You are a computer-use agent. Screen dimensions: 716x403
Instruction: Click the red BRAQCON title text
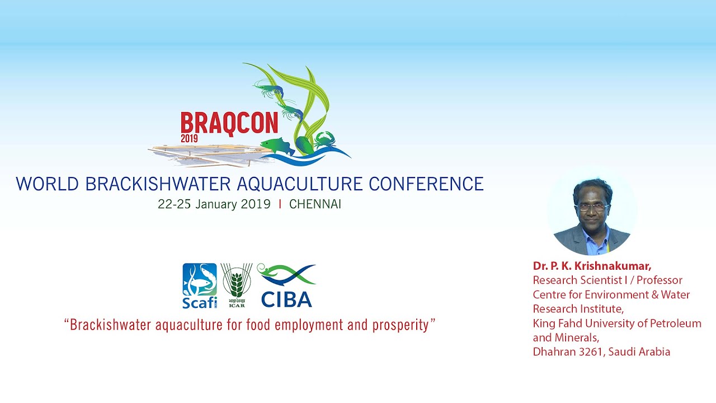229,124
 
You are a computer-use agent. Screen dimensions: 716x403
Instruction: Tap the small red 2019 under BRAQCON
189,138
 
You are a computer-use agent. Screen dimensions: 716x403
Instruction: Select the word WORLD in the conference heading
48,184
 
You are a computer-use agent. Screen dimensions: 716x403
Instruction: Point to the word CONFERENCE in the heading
426,184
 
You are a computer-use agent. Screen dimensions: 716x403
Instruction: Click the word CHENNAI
315,204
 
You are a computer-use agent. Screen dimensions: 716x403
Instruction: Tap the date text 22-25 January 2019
214,204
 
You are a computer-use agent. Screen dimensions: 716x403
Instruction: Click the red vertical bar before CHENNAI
280,204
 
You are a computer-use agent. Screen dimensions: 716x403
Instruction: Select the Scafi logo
200,285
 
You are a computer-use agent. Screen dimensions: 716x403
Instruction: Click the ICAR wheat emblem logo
237,285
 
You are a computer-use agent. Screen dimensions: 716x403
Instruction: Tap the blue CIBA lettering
286,299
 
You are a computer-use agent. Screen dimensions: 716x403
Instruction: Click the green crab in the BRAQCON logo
325,140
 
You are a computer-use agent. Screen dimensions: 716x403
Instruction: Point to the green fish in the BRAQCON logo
277,146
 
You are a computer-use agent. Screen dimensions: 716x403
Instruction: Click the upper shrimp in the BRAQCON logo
269,88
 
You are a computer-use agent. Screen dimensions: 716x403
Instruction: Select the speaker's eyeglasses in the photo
592,207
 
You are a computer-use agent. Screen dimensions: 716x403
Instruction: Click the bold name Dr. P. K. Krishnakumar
592,266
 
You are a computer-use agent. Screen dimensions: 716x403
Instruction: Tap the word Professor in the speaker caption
660,280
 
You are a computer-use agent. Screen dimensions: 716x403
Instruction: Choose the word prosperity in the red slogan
401,326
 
